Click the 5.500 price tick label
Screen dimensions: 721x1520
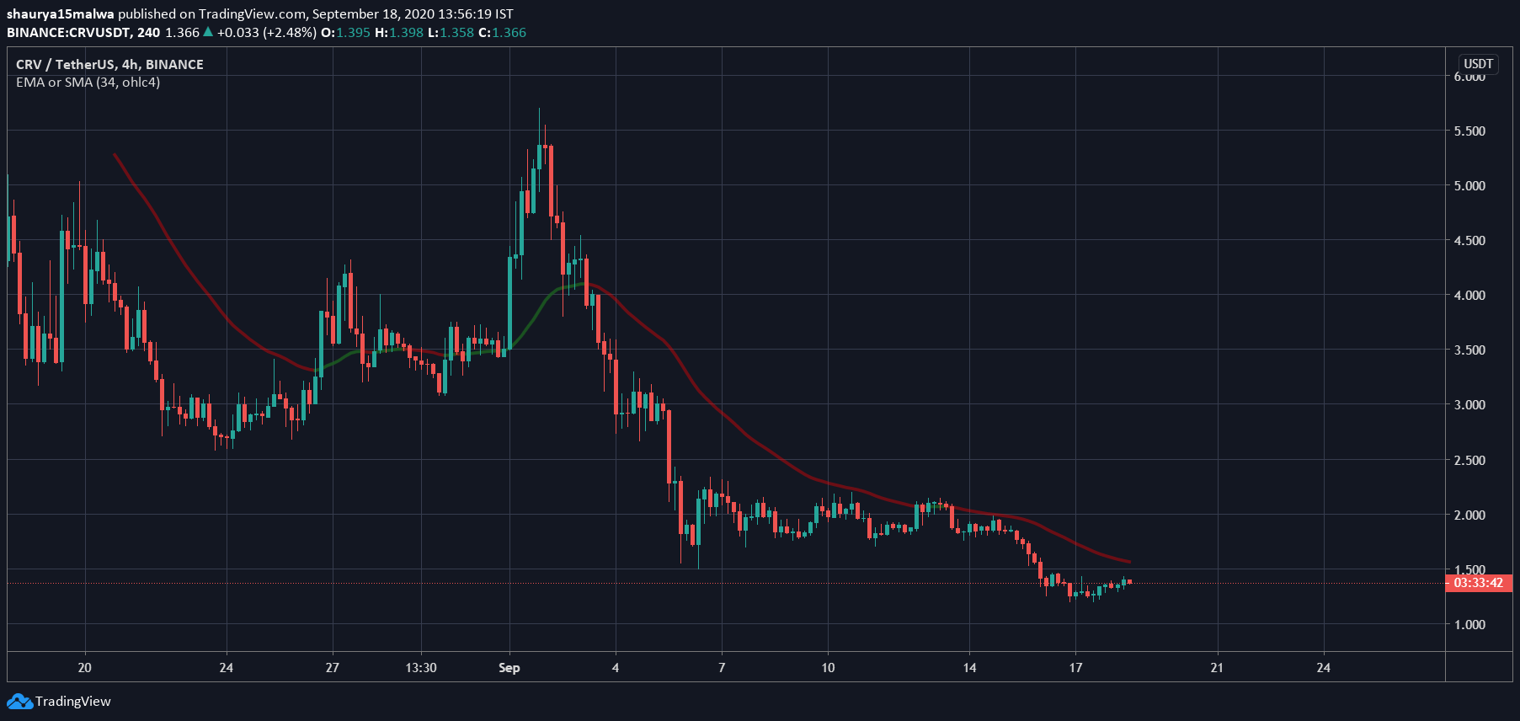pos(1469,131)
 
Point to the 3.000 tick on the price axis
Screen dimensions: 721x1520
pos(1469,405)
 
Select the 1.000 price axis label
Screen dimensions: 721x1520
pos(1469,625)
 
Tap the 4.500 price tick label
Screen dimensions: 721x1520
pos(1469,241)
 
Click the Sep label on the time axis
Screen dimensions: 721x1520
pos(509,668)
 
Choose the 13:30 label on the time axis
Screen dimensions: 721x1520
pos(421,668)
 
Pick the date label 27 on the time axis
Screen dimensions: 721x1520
pos(333,668)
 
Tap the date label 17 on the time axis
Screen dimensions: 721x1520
pos(1075,668)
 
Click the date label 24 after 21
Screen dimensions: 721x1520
pos(1323,668)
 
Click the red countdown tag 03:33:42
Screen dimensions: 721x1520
pos(1478,583)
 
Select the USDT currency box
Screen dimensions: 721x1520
pos(1478,64)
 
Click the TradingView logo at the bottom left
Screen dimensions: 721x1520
pos(59,701)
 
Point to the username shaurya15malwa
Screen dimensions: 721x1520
pos(61,14)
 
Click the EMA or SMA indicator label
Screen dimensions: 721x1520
pos(88,83)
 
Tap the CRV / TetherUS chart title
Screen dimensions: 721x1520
pos(109,64)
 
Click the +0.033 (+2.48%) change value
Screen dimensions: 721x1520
pos(266,33)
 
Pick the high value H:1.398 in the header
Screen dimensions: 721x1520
pos(399,33)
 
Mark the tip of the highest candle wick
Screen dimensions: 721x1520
pos(539,109)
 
